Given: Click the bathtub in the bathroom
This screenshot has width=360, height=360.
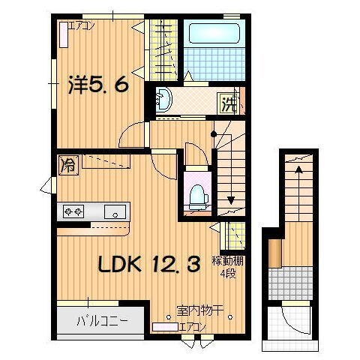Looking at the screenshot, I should [211, 34].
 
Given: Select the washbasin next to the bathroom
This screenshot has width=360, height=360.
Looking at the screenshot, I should [164, 100].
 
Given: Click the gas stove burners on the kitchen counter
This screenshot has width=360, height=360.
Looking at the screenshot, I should [73, 211].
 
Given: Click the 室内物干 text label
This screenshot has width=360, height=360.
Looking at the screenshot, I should [199, 309].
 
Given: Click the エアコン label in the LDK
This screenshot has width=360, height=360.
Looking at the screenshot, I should [191, 326].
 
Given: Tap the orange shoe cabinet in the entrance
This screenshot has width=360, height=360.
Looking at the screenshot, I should [275, 253].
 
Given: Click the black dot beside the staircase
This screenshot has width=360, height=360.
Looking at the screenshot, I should [214, 134].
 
